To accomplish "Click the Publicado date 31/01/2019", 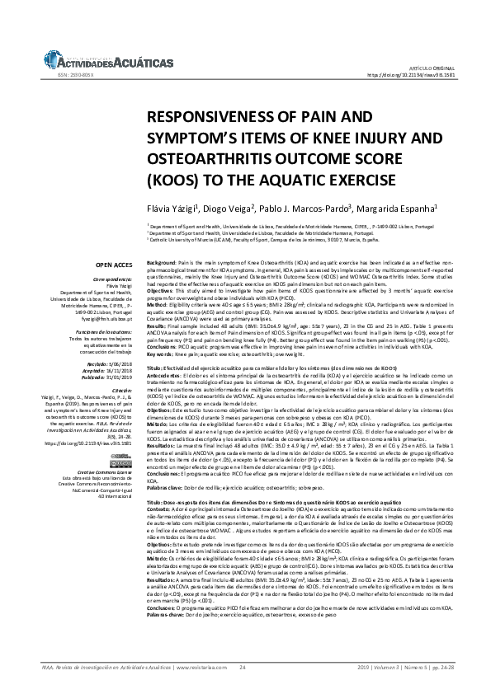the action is tap(113, 376).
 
